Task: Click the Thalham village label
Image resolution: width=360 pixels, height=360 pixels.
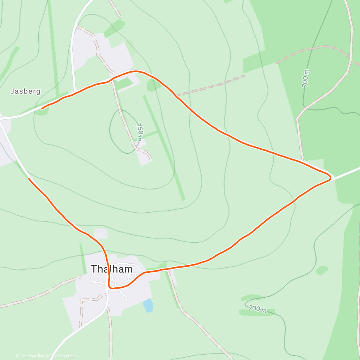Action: [x=112, y=269]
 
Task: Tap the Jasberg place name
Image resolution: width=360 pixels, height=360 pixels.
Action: [x=25, y=91]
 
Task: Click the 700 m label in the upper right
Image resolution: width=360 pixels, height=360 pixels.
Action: [x=305, y=78]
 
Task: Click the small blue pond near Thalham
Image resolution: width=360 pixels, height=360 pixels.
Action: [x=148, y=305]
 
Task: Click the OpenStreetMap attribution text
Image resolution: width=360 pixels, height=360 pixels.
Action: [x=63, y=356]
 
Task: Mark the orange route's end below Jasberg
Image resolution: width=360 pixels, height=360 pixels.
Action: [x=42, y=109]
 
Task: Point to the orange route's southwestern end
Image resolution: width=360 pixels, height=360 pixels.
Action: [x=29, y=179]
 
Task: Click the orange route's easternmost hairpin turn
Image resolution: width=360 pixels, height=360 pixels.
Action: [x=331, y=178]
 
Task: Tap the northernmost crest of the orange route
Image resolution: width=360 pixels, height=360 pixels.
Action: [x=136, y=71]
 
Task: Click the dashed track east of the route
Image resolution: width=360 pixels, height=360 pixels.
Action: [x=210, y=85]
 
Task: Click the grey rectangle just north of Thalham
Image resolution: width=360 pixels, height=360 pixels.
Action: [x=100, y=233]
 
